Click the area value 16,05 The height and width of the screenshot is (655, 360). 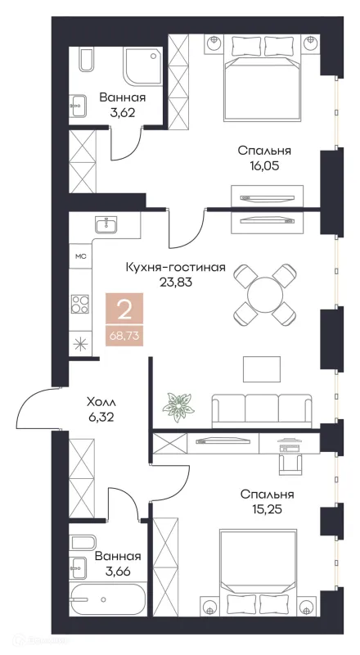(264, 166)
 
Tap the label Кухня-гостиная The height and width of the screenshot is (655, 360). (175, 267)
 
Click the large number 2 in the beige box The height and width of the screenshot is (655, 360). (124, 310)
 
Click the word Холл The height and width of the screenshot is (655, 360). (102, 403)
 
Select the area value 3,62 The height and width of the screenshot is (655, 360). (117, 114)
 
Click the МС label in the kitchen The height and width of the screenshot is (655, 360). (81, 256)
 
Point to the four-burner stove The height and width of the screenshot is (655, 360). (81, 305)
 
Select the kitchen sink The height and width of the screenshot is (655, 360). (105, 224)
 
